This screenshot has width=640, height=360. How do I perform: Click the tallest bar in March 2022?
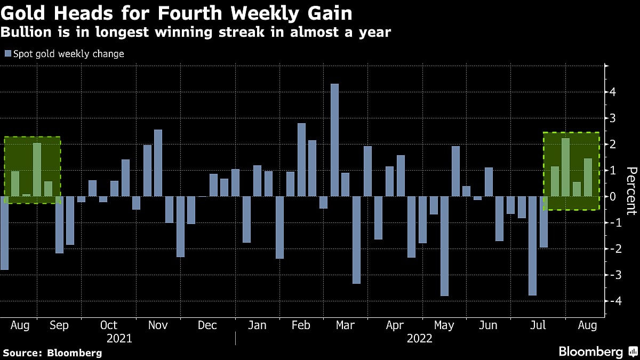tap(334, 140)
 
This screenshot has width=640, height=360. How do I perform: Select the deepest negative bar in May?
tap(444, 246)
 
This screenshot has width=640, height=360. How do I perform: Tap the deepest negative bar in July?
tap(532, 245)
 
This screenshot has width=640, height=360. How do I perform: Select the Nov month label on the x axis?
tap(158, 325)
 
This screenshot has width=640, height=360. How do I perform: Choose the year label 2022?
tap(420, 339)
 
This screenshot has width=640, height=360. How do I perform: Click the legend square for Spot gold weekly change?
tap(7, 54)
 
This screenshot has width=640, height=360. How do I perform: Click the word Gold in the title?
tap(25, 12)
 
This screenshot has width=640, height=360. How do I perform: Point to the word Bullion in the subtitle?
tap(26, 33)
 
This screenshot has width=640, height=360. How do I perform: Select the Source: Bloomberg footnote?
tap(52, 353)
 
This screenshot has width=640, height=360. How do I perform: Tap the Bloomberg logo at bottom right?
tap(597, 352)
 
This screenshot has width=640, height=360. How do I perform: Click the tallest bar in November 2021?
tap(158, 163)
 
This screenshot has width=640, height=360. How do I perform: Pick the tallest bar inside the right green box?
tap(565, 167)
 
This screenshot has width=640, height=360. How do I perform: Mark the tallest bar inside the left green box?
tap(37, 170)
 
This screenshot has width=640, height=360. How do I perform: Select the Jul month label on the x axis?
tap(539, 325)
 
